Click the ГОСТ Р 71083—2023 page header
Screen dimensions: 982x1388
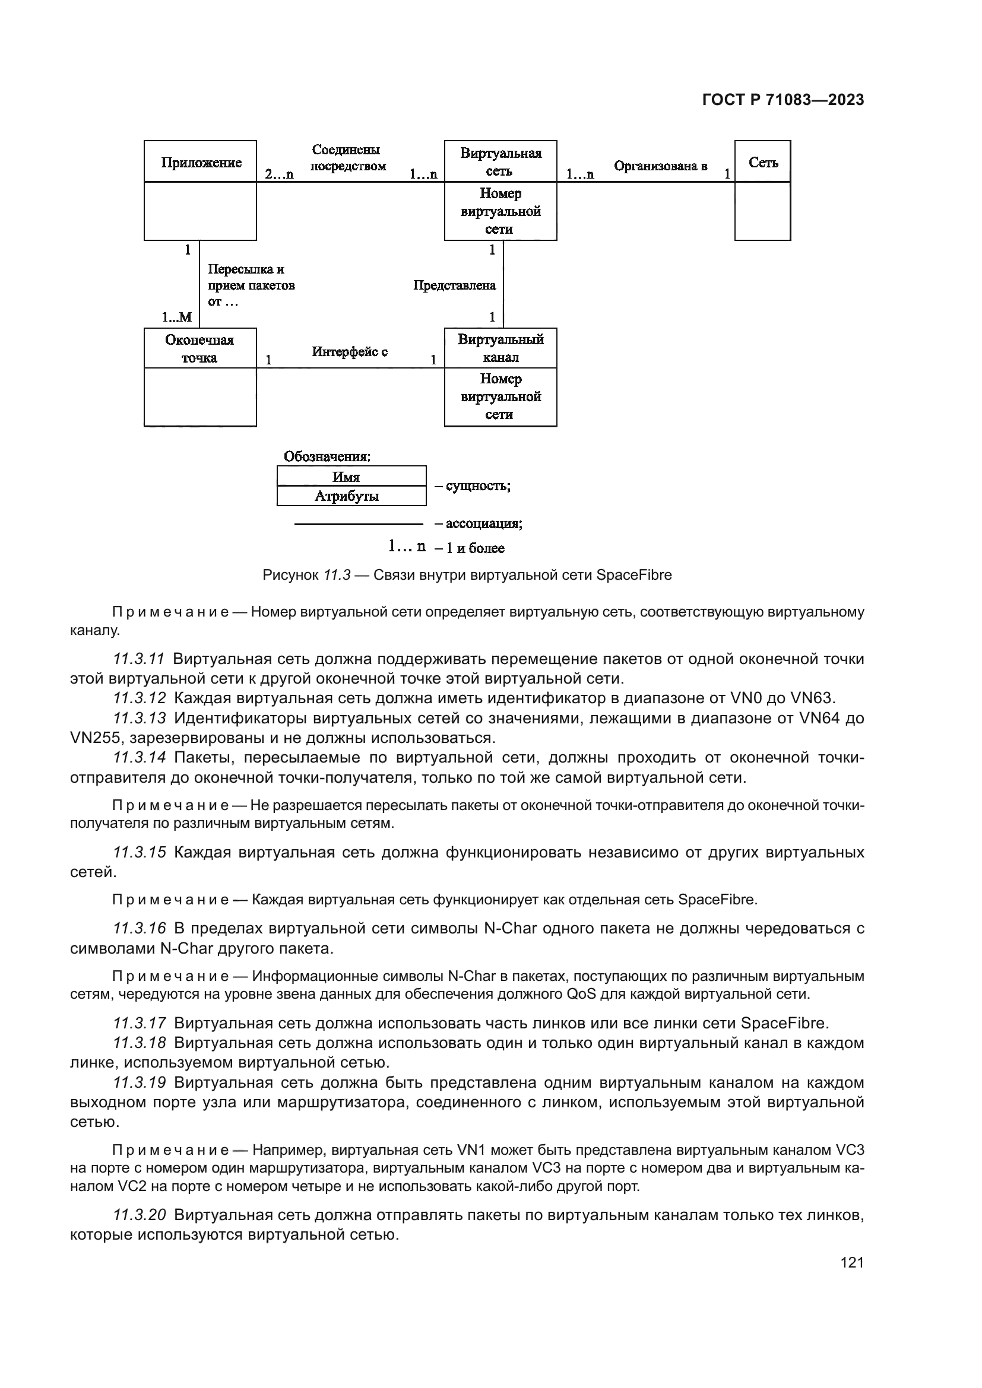[783, 100]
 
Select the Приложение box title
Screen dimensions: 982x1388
[201, 162]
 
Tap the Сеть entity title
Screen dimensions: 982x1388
[763, 162]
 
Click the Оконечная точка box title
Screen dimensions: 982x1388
[199, 349]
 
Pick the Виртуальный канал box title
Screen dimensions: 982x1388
[500, 348]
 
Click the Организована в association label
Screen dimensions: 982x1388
[660, 166]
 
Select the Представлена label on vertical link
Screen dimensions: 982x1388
[455, 285]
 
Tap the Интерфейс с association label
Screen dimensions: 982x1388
[350, 351]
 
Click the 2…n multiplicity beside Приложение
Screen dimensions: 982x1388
[279, 174]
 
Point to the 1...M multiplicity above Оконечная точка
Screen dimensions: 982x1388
[176, 317]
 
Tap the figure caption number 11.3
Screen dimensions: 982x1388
[337, 575]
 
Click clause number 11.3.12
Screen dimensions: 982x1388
[140, 698]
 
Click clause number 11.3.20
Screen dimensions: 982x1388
[140, 1215]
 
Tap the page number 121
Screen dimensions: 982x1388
[852, 1262]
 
